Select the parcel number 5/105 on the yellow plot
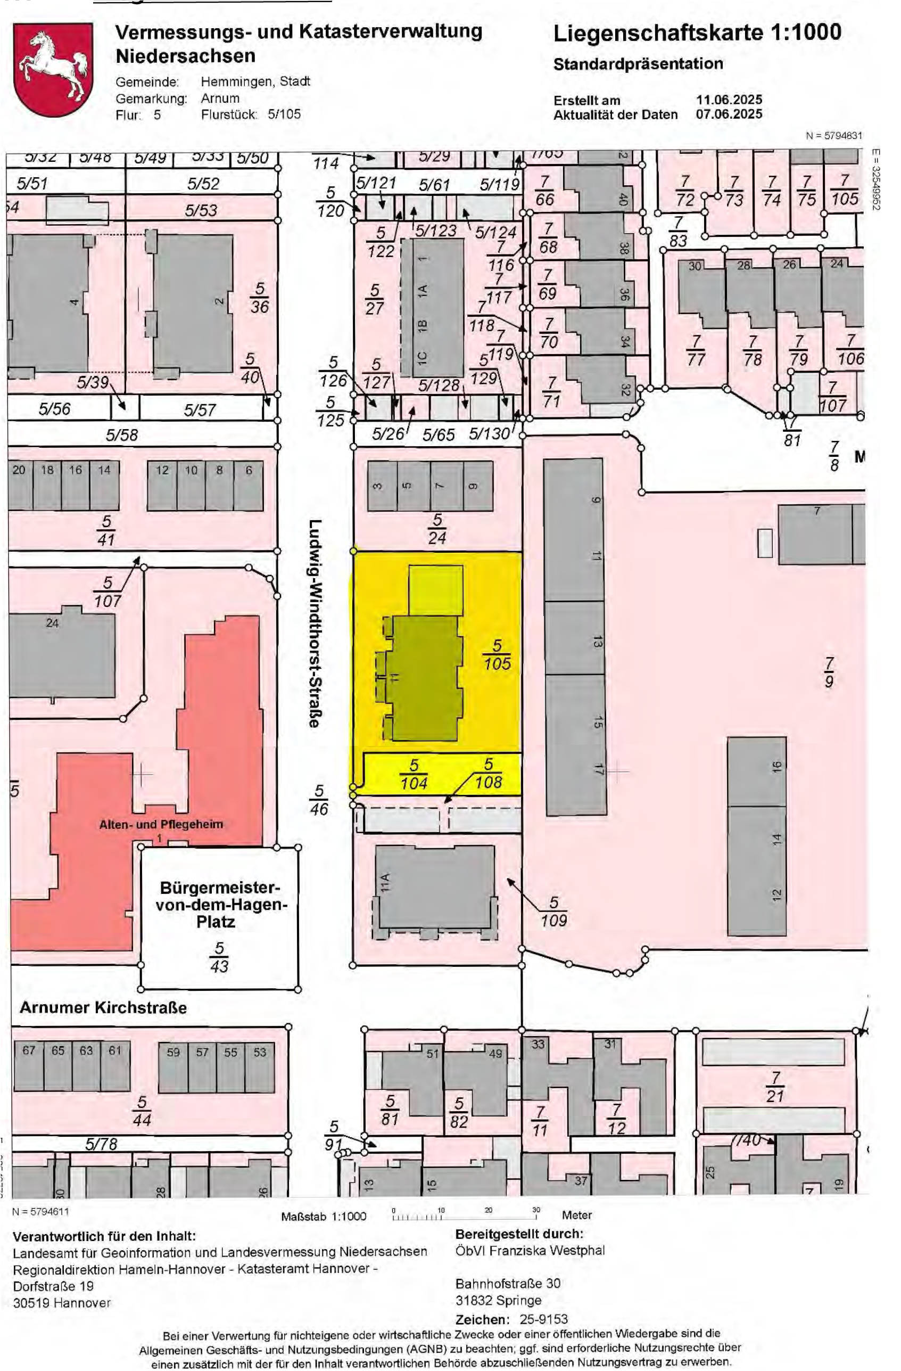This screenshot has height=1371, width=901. click(497, 655)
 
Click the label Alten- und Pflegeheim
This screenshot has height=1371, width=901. click(161, 824)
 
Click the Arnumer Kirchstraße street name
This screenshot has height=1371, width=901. click(103, 1007)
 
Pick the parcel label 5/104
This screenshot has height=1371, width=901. click(414, 774)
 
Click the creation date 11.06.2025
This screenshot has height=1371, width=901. click(729, 100)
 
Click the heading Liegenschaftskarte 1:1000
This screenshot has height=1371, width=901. click(697, 33)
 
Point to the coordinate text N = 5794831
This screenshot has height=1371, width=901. click(833, 136)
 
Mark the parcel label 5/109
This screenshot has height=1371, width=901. click(553, 912)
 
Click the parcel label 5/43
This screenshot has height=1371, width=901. click(219, 957)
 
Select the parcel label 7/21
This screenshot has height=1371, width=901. click(775, 1087)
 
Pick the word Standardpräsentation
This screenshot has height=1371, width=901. click(638, 64)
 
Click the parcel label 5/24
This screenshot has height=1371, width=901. click(437, 529)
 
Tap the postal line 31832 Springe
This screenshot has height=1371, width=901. click(498, 1300)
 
